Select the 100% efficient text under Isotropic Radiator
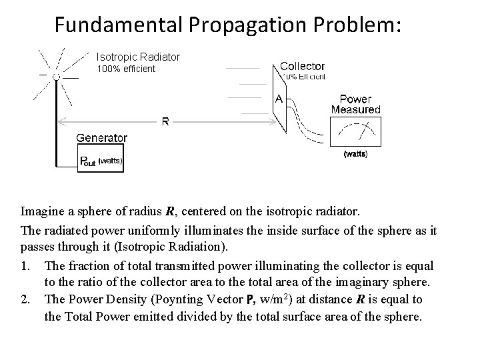click(x=126, y=69)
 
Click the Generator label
click(x=101, y=138)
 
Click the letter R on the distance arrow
click(x=165, y=121)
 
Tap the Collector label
click(x=302, y=66)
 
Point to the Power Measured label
click(x=355, y=105)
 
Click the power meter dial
click(x=355, y=133)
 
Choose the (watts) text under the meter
click(x=355, y=154)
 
